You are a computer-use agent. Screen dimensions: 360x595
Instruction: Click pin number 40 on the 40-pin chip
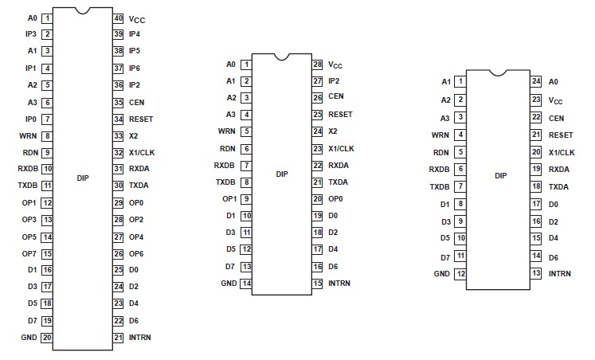point(118,18)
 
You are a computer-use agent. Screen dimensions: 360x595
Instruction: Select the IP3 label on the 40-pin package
point(30,34)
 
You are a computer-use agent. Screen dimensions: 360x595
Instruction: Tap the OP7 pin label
point(29,253)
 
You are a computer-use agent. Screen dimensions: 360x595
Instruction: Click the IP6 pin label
point(135,68)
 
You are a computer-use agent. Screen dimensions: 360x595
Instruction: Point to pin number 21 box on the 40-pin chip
point(118,337)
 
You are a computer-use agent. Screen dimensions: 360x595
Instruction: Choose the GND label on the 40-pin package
point(29,337)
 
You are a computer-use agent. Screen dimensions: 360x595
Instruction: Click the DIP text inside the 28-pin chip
point(281,174)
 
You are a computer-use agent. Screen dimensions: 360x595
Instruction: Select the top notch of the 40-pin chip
point(83,11)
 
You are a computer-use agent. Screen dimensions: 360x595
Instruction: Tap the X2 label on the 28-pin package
point(333,131)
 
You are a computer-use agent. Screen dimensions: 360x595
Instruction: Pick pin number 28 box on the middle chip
point(316,64)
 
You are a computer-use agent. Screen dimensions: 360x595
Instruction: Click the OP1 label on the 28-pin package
point(229,198)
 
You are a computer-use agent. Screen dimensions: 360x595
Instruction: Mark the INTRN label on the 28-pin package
point(339,283)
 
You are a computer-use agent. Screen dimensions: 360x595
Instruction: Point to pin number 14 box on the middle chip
point(247,283)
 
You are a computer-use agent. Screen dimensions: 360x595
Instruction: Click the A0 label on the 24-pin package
point(554,81)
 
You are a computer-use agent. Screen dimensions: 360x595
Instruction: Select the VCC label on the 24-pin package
point(556,100)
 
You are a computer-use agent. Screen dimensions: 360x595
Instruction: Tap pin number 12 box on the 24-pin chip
point(460,273)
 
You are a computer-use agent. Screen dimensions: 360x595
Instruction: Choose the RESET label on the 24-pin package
point(561,135)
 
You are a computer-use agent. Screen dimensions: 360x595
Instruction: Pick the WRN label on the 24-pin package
point(440,135)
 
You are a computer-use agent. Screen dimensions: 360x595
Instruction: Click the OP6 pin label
point(135,253)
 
